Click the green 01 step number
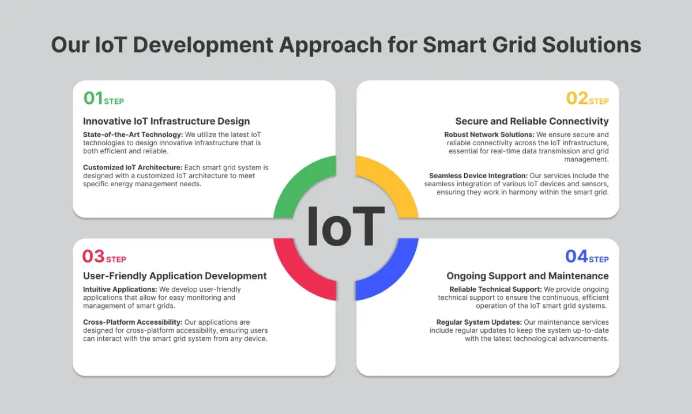tap(93, 99)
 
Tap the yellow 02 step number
tap(577, 99)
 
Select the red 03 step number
tap(93, 256)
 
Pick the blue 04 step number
tap(576, 256)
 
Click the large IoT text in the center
tap(346, 227)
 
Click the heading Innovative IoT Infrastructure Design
tap(166, 121)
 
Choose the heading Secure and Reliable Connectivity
tap(532, 121)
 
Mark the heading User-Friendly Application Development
tap(175, 276)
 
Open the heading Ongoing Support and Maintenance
tap(528, 276)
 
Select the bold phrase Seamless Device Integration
tap(478, 175)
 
